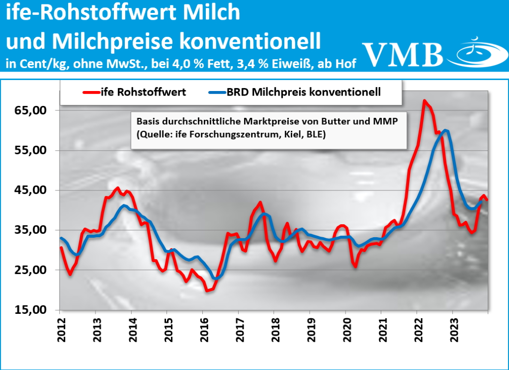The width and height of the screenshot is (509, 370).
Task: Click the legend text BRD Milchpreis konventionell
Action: pyautogui.click(x=304, y=92)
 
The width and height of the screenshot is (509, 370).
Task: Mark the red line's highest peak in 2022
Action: pyautogui.click(x=424, y=101)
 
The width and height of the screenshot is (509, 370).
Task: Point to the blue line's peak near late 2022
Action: pyautogui.click(x=446, y=130)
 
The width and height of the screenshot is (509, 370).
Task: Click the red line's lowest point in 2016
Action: pyautogui.click(x=208, y=290)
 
